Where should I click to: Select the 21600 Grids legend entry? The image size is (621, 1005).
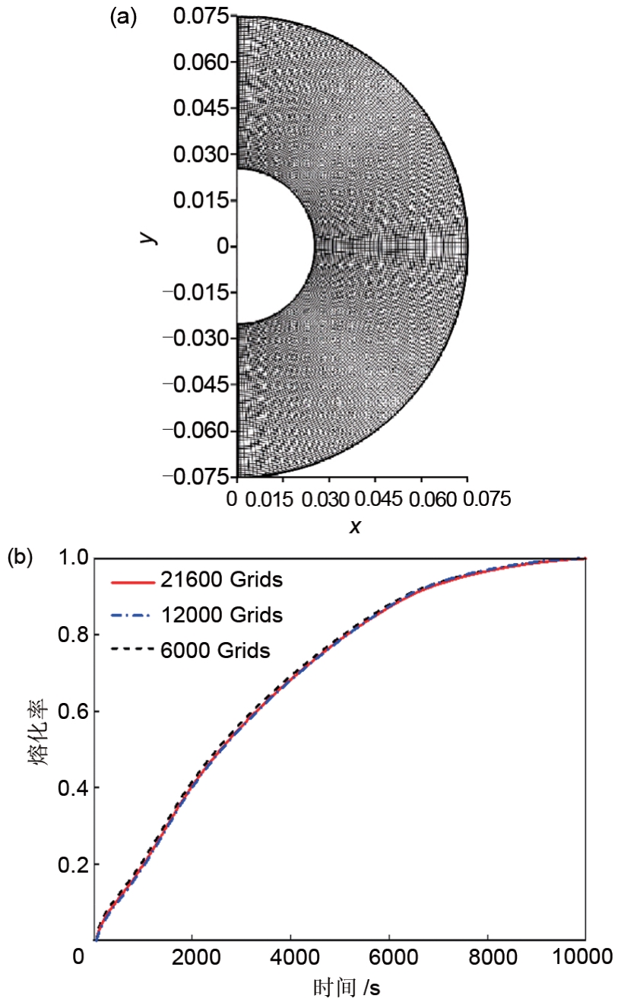(x=221, y=580)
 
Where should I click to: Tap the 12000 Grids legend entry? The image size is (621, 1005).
(x=221, y=615)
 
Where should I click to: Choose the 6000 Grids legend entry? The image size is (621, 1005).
(x=215, y=650)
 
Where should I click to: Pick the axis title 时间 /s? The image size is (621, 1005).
(x=346, y=988)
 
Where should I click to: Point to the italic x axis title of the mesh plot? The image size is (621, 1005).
(x=353, y=526)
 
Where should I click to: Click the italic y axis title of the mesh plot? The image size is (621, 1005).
(x=150, y=237)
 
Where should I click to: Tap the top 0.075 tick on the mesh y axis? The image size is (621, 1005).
(x=201, y=16)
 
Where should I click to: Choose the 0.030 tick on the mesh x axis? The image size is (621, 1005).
(x=328, y=499)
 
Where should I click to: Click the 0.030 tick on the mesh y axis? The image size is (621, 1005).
(x=201, y=154)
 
